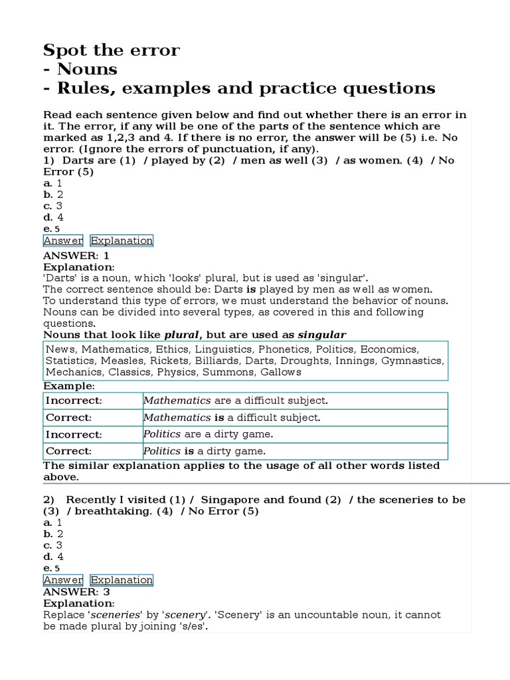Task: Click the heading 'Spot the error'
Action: click(x=112, y=50)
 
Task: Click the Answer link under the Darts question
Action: click(x=64, y=240)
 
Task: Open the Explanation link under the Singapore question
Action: click(x=122, y=580)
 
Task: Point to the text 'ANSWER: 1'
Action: click(x=76, y=255)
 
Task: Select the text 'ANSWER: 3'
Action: click(x=76, y=592)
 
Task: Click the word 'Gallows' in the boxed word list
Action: click(x=282, y=372)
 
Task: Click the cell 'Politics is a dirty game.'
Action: click(x=205, y=451)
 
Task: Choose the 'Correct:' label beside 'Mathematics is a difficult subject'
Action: click(x=68, y=418)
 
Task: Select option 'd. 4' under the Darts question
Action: click(x=54, y=217)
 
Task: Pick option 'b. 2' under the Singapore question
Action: click(x=54, y=534)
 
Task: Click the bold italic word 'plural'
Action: click(x=181, y=334)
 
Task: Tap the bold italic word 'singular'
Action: click(x=321, y=334)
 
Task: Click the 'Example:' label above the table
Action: click(x=69, y=386)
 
